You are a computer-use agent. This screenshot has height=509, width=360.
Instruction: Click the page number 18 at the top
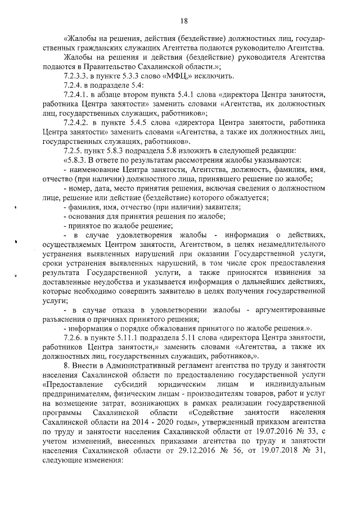point(183,21)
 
